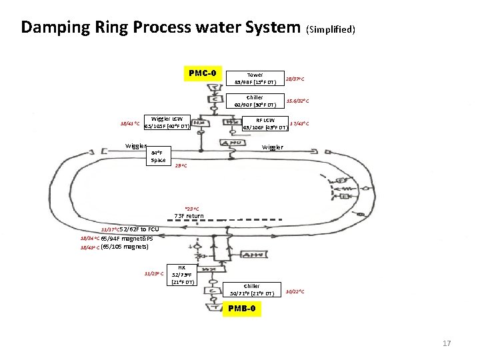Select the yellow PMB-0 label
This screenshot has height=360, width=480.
click(x=245, y=309)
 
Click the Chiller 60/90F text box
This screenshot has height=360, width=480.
click(x=255, y=101)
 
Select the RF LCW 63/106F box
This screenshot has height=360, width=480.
click(x=265, y=123)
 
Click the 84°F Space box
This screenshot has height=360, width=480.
click(x=158, y=156)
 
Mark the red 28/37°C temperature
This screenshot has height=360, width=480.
click(x=295, y=79)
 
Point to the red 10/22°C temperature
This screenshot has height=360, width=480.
click(x=295, y=291)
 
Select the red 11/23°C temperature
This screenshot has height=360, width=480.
click(x=154, y=273)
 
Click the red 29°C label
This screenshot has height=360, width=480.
click(x=181, y=166)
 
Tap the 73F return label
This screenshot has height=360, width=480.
click(x=189, y=215)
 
